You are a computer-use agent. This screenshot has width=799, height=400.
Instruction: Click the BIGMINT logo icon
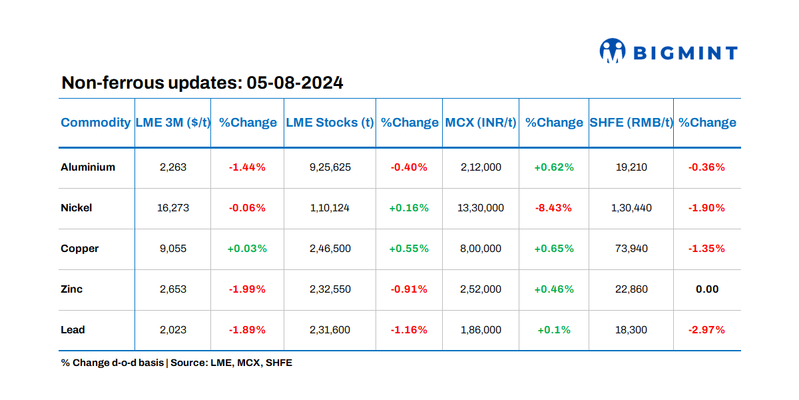point(613,51)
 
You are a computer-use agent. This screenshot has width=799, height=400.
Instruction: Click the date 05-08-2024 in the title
point(294,83)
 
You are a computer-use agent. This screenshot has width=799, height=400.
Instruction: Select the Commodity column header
point(95,123)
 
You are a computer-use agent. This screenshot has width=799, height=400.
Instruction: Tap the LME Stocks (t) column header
point(330,123)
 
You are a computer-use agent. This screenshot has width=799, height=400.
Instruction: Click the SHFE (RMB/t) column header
point(631,123)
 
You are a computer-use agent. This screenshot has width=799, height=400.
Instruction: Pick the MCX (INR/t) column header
point(480,123)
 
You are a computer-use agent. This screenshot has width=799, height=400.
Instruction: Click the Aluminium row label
point(88,167)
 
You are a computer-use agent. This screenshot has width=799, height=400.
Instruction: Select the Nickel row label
point(77,208)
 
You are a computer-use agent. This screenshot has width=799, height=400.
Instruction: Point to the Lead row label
point(73,330)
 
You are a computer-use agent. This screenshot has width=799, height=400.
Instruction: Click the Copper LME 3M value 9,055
point(173,249)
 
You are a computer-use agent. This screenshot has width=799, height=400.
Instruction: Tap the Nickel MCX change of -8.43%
point(553,208)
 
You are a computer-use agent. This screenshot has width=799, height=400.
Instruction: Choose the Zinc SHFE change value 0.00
point(706,289)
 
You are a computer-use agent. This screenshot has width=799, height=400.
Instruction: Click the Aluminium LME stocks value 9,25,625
point(330,167)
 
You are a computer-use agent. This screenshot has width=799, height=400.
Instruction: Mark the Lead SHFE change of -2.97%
point(706,330)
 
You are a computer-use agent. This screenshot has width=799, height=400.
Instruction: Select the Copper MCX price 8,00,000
point(480,249)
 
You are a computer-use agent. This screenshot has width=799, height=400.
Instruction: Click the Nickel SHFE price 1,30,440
point(631,208)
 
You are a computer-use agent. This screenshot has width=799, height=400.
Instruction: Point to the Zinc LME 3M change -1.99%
point(247,289)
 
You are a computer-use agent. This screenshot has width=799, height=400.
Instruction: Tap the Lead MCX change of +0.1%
point(553,330)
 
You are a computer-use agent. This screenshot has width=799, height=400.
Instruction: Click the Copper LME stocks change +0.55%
point(409,249)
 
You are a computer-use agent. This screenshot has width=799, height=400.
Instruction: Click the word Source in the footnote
point(188,363)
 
